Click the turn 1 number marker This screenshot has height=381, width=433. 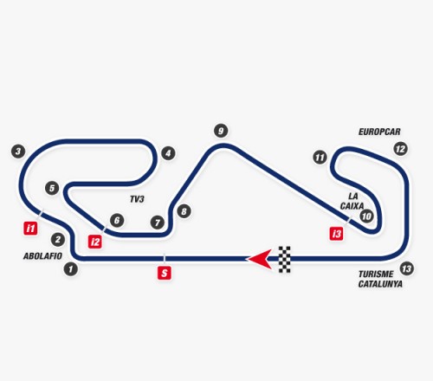(71, 269)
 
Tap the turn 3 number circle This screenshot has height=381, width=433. (18, 152)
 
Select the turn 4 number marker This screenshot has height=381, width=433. (168, 153)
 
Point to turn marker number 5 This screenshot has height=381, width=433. (52, 188)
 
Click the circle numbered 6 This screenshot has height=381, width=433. (117, 221)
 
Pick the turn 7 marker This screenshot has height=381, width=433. (158, 223)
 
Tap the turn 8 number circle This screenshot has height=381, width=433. (184, 211)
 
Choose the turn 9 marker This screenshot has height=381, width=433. (221, 131)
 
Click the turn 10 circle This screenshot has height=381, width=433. (366, 216)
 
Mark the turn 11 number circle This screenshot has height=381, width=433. (320, 158)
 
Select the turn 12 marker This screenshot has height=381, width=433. (401, 149)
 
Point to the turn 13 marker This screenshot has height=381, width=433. (407, 269)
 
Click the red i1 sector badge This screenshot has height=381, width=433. (30, 228)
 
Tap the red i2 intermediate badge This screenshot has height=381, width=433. (95, 242)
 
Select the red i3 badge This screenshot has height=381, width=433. (336, 234)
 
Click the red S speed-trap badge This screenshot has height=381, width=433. (165, 273)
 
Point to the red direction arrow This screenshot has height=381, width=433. (259, 259)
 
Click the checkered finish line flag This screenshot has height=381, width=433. (285, 259)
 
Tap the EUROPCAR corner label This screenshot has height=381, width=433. (379, 132)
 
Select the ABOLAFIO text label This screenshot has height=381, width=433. (42, 256)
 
